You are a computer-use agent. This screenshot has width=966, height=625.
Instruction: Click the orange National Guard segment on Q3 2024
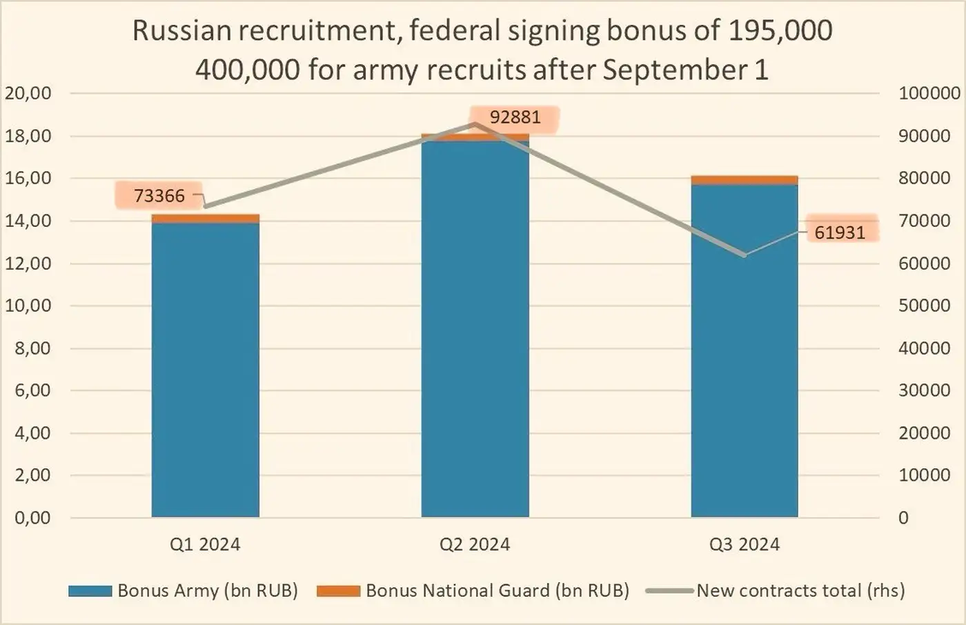[x=745, y=180]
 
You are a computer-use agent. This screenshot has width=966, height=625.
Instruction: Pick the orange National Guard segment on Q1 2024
[x=206, y=219]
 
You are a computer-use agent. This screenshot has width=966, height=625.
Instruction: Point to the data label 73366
[x=159, y=196]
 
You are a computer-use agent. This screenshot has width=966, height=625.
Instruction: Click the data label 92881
[x=515, y=117]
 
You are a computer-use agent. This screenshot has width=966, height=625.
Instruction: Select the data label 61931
[x=840, y=232]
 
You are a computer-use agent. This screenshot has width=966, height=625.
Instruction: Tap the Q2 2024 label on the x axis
[x=475, y=544]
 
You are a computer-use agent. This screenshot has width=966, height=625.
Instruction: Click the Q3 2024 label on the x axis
[x=745, y=544]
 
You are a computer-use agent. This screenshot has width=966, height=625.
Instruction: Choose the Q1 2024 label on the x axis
[x=206, y=544]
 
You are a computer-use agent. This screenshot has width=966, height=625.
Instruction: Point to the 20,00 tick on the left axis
[x=28, y=93]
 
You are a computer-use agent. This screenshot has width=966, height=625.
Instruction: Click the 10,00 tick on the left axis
[x=28, y=306]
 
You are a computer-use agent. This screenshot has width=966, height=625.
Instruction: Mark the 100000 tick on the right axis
[x=929, y=93]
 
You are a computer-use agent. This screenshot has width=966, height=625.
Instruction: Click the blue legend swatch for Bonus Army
[x=90, y=591]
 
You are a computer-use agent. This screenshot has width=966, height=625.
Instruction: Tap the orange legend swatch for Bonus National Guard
[x=338, y=591]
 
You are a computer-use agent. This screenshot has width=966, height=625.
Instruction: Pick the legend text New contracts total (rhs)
[x=800, y=591]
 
